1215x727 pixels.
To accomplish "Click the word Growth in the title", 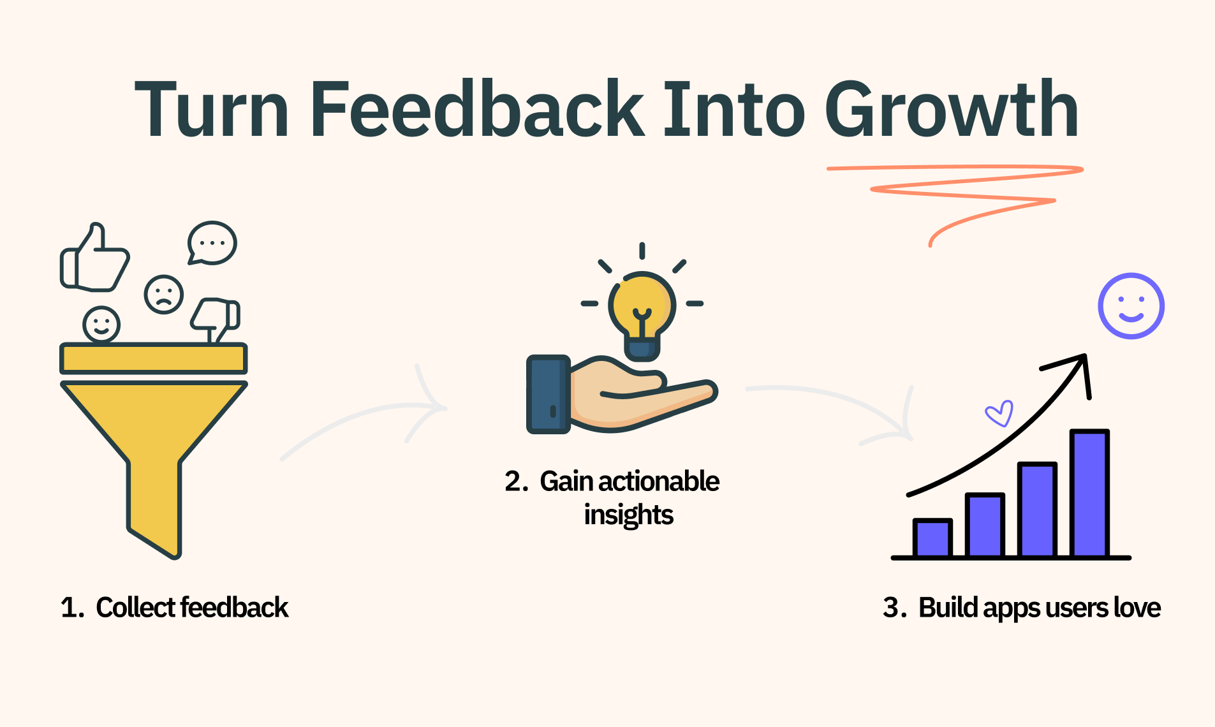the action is [951, 108].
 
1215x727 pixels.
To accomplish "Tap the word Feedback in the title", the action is [478, 108].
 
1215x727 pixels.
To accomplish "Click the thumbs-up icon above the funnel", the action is [95, 258].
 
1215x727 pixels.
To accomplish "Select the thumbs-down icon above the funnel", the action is [216, 319].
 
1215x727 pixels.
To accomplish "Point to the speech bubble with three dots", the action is [212, 243].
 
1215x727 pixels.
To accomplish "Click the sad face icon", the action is [164, 295].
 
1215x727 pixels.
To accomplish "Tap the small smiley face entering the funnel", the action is [101, 325].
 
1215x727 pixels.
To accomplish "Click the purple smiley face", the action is [1131, 306].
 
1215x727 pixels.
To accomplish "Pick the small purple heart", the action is [999, 413].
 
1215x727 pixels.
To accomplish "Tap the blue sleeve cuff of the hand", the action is [548, 394].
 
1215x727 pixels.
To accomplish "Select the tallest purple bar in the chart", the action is [1089, 493].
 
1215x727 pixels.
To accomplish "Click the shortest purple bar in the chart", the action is [932, 538].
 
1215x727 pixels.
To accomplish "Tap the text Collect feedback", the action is [192, 607].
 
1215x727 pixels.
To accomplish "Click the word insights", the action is [629, 515].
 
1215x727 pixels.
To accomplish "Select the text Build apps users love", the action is [1040, 607].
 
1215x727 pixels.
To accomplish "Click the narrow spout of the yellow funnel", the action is [154, 507].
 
